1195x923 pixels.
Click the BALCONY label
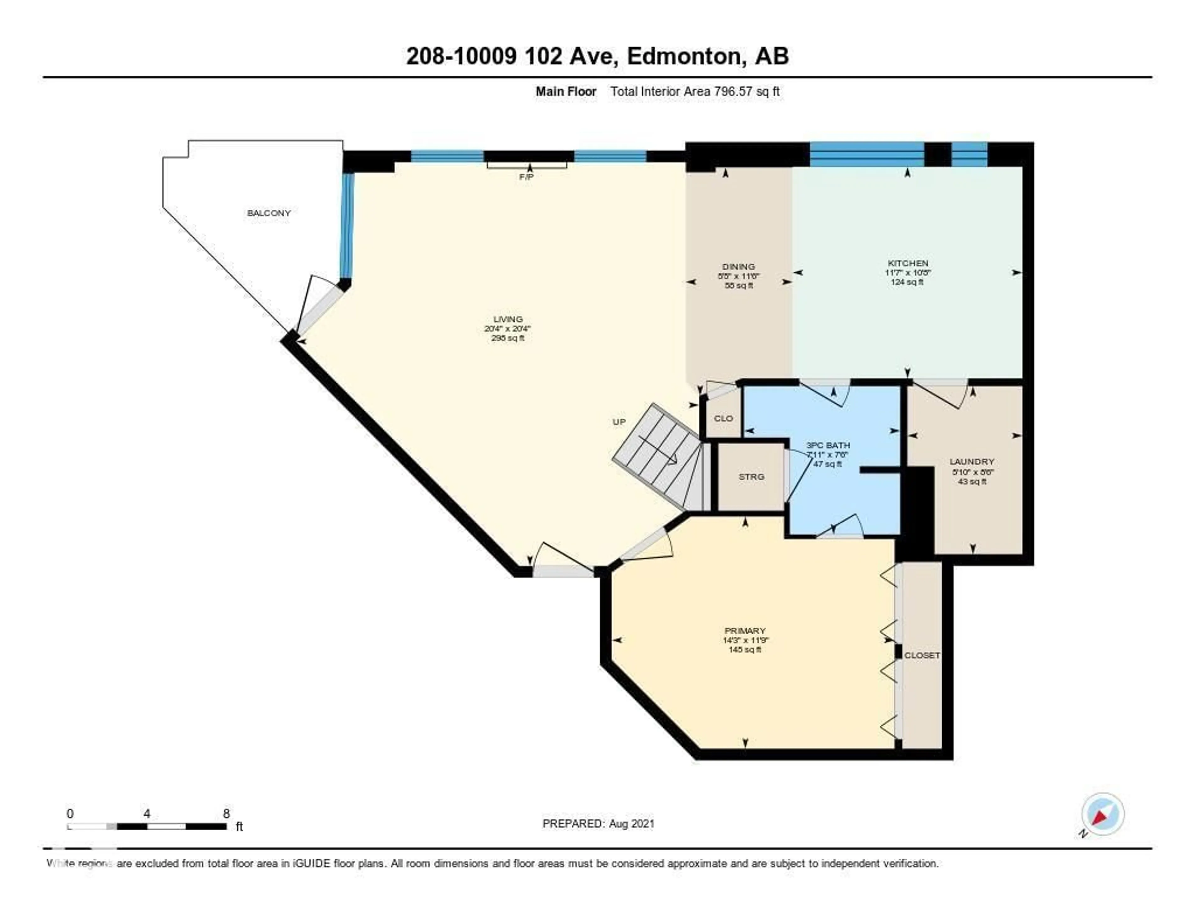(269, 213)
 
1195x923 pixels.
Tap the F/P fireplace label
(526, 177)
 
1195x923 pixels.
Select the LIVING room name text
(508, 319)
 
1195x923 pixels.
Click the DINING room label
(738, 266)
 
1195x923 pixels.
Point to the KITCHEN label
(908, 263)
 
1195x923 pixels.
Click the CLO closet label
(723, 418)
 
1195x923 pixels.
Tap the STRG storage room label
(751, 476)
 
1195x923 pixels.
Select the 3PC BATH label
(828, 445)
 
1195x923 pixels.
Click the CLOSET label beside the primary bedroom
(922, 655)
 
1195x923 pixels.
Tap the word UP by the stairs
(619, 422)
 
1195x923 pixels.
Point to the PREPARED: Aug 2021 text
(598, 823)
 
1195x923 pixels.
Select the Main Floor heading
(566, 91)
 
